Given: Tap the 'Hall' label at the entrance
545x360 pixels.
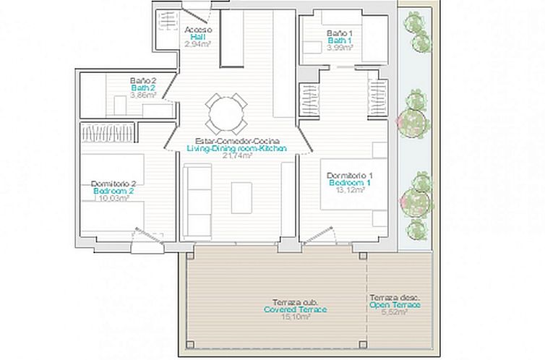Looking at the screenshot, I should (x=197, y=37).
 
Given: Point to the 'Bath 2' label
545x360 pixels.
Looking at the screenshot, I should (x=143, y=87).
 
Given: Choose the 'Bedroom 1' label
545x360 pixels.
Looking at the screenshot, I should (x=351, y=184).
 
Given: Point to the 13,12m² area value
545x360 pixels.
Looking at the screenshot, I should (x=351, y=191).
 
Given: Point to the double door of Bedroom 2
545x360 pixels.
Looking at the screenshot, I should (x=147, y=236).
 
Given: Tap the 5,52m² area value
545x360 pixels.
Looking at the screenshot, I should (x=395, y=313).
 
